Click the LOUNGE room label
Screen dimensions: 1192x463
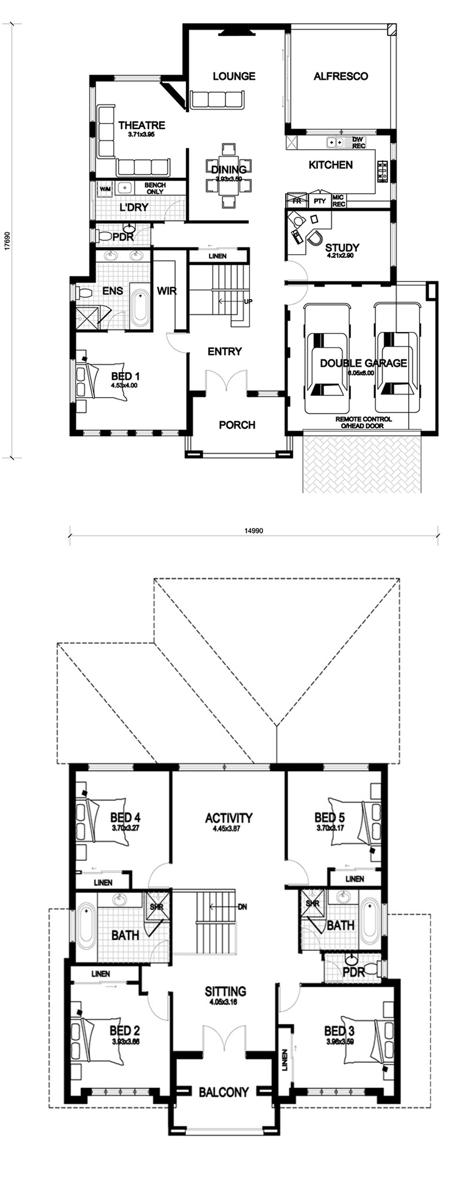(x=233, y=76)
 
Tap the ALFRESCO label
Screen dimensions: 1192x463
(x=341, y=76)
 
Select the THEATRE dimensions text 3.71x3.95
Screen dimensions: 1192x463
(x=141, y=135)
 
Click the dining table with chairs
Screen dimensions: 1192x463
(x=228, y=176)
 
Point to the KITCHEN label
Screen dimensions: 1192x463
(x=330, y=164)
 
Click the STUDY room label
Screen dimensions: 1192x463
(x=342, y=247)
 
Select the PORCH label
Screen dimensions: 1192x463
(x=237, y=425)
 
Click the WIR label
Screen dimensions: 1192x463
(x=166, y=291)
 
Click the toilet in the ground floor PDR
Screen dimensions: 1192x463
(x=104, y=236)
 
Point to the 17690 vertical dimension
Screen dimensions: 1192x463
(x=7, y=241)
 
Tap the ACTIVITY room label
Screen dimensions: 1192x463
(x=228, y=817)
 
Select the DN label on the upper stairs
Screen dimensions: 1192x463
(x=242, y=906)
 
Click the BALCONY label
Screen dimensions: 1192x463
(x=224, y=1092)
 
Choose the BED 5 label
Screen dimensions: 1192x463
(x=330, y=817)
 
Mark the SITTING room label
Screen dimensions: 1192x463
(x=225, y=991)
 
